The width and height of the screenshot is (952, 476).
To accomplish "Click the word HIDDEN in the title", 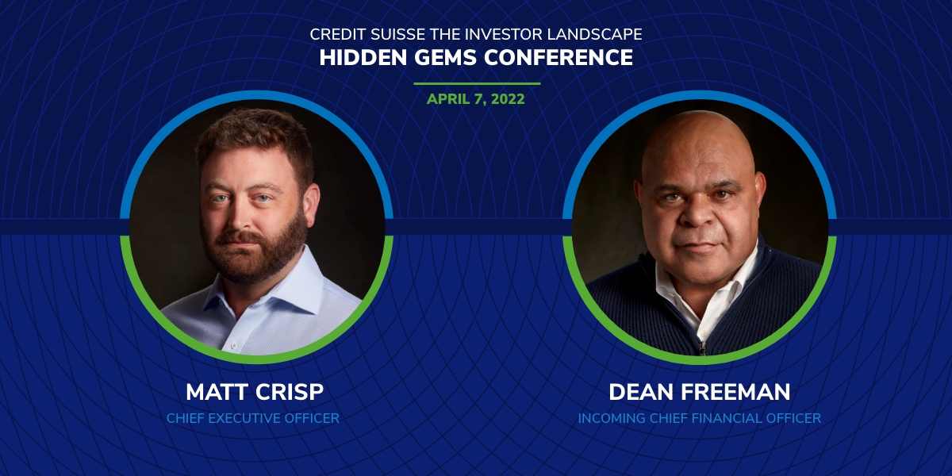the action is pyautogui.click(x=363, y=58).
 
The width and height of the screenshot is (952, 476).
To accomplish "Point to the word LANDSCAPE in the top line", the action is pyautogui.click(x=594, y=34).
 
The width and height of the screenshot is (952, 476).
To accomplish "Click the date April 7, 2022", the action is pyautogui.click(x=475, y=99).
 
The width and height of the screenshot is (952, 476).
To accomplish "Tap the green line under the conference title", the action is pyautogui.click(x=477, y=84).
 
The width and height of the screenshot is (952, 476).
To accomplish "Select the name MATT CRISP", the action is pyautogui.click(x=255, y=392).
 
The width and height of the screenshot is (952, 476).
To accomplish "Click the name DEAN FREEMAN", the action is pyautogui.click(x=699, y=392).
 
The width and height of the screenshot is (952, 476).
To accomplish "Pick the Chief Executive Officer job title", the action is pyautogui.click(x=253, y=418).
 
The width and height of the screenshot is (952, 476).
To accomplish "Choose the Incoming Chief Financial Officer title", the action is pyautogui.click(x=699, y=418).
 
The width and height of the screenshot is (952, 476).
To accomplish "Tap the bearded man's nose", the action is pyautogui.click(x=240, y=217).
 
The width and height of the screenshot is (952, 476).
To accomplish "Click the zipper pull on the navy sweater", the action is pyautogui.click(x=701, y=347).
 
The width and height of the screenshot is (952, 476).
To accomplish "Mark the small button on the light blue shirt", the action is pyautogui.click(x=233, y=347).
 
